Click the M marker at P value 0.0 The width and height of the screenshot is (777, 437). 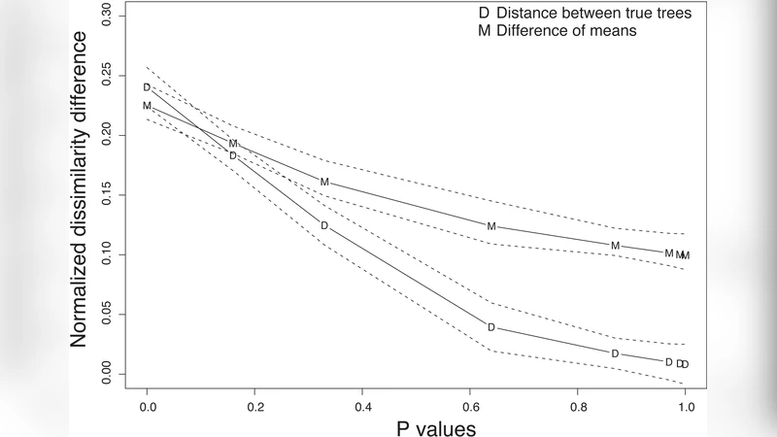point(147,105)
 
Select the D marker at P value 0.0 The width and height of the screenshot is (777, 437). point(147,87)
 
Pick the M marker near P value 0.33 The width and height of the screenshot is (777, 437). point(324,182)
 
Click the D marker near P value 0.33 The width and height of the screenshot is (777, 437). point(324,225)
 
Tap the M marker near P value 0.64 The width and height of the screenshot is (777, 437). point(491,226)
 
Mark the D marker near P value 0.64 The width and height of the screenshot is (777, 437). point(491,327)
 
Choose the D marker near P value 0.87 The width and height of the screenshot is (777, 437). point(615,353)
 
